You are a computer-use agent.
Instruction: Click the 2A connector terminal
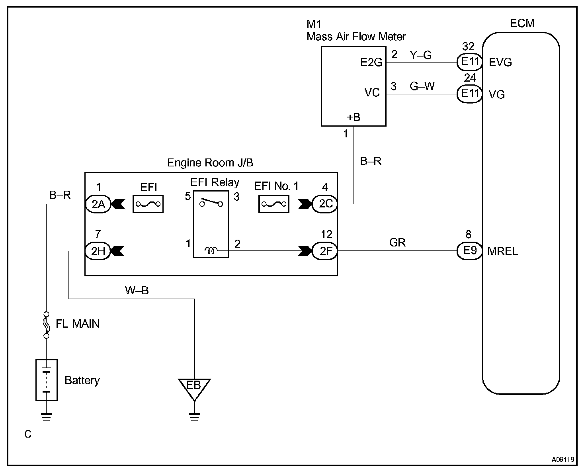point(98,204)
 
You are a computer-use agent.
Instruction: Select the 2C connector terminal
point(325,204)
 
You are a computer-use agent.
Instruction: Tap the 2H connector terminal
point(98,251)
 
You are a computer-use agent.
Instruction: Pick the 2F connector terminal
point(325,251)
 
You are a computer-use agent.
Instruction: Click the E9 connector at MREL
point(470,251)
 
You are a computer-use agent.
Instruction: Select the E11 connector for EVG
point(470,62)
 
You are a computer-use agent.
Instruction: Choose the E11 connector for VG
point(470,94)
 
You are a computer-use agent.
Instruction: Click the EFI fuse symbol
point(148,204)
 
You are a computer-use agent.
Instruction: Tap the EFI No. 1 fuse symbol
point(274,204)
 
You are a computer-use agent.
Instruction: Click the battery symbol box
point(47,380)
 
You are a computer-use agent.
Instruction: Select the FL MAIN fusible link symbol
point(47,325)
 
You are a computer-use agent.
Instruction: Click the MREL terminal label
point(503,251)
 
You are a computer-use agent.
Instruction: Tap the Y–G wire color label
point(421,55)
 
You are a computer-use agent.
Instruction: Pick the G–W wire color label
point(422,86)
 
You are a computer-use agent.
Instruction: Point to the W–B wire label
point(137,290)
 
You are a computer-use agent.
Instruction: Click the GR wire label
point(397,242)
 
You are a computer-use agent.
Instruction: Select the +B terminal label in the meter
point(354,117)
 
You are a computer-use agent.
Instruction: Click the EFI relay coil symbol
point(211,250)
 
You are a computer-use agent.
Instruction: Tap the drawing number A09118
point(563,459)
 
